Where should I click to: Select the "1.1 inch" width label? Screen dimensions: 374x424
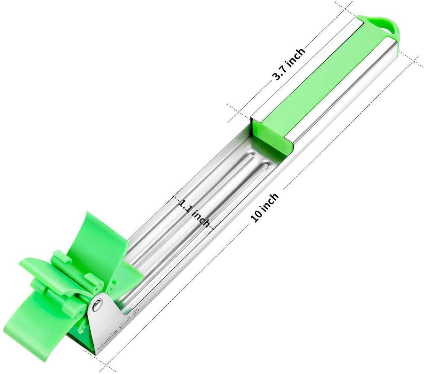click(194, 212)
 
